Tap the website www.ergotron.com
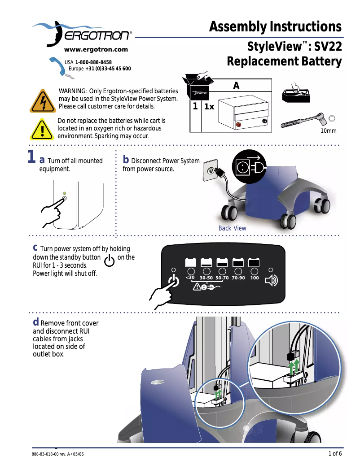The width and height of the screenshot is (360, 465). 96,50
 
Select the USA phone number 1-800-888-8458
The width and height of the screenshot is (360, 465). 93,62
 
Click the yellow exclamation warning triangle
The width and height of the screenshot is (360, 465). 42,129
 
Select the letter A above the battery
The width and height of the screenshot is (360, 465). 236,86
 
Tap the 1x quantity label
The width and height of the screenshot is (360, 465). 209,107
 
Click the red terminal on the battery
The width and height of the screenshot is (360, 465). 238,124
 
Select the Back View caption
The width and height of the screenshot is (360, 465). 232,228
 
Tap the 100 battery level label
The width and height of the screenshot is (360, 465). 255,278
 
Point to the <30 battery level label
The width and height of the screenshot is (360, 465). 190,278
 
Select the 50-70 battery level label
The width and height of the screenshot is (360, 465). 222,278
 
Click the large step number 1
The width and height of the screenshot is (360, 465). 31,158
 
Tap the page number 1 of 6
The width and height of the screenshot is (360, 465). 335,453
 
